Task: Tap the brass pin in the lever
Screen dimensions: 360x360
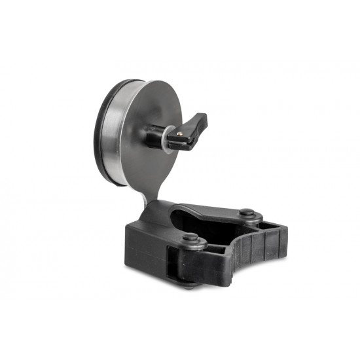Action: coord(179,133)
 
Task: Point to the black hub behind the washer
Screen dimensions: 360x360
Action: coord(153,137)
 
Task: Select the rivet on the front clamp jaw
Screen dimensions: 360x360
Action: coord(194,240)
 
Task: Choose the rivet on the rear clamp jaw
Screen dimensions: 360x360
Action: coord(246,213)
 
